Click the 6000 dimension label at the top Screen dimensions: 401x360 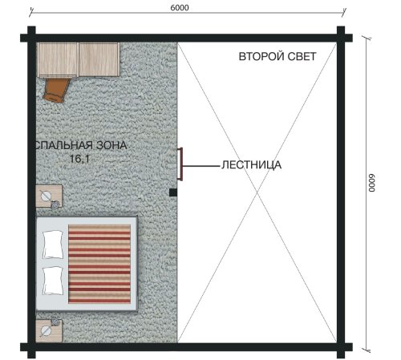(x=180, y=8)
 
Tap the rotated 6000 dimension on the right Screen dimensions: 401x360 (x=371, y=183)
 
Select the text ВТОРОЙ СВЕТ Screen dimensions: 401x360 (x=277, y=57)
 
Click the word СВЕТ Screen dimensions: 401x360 (x=301, y=57)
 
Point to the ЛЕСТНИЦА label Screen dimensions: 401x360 (x=251, y=165)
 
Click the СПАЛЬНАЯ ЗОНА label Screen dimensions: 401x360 (x=81, y=145)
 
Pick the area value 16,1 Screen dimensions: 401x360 (x=79, y=159)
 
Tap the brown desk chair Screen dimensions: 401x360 (x=57, y=90)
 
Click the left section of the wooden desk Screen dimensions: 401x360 (x=58, y=59)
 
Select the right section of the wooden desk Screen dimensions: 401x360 (x=99, y=59)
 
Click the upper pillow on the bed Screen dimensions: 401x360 (x=53, y=245)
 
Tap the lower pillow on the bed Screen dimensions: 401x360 (x=53, y=281)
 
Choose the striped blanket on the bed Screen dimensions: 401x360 (x=99, y=264)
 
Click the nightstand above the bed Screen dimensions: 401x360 (x=49, y=196)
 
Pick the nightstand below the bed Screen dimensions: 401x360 (x=49, y=330)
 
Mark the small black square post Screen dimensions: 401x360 (x=173, y=192)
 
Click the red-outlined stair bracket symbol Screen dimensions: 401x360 (x=180, y=164)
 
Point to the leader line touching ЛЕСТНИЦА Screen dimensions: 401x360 (x=201, y=166)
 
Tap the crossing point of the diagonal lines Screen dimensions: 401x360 (x=257, y=192)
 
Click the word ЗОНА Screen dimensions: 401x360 (x=111, y=145)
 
